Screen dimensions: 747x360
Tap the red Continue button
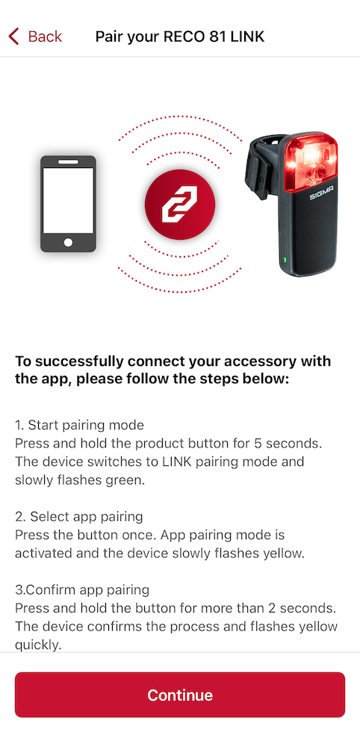point(180,695)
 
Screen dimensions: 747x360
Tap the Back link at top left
point(45,37)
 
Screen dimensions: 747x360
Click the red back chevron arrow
point(13,37)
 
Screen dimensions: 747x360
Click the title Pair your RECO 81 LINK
point(180,37)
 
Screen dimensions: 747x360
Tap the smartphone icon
point(68,203)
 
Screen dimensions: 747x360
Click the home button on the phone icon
point(68,242)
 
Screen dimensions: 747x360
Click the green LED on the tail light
point(285,261)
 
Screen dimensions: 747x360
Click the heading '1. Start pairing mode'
point(79,425)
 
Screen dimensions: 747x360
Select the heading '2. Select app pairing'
point(78,517)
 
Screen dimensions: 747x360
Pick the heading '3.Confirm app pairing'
point(82,590)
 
